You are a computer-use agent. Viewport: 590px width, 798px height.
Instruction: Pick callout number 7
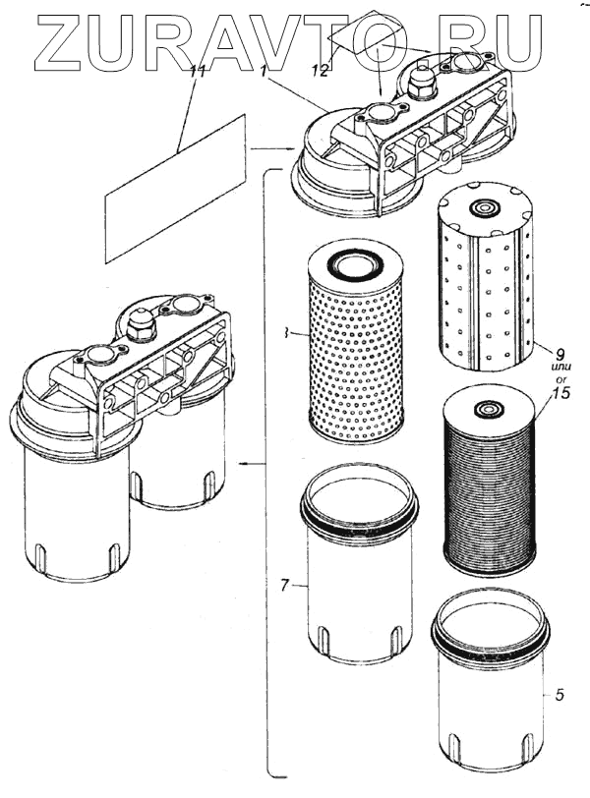pos(283,586)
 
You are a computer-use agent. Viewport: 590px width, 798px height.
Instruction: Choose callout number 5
pos(559,696)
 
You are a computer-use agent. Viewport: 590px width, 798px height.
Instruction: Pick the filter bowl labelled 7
pos(359,570)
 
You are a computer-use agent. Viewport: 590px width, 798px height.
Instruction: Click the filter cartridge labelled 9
pos(487,280)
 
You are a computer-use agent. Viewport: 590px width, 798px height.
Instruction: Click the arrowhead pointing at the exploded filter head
pos(292,148)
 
